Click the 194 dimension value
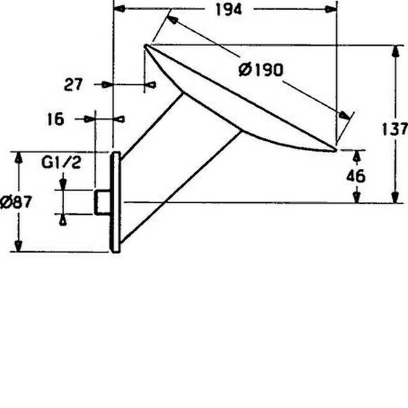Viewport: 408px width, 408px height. tap(229, 10)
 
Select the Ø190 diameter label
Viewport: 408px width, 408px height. tap(261, 69)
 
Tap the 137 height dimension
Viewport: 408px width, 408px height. tap(395, 129)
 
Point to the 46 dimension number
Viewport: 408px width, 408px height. tap(356, 176)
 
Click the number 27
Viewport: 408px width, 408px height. tap(73, 85)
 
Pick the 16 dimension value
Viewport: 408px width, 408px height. tap(55, 119)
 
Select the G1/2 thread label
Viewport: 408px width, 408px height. tap(61, 163)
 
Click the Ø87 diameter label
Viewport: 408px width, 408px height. tap(16, 202)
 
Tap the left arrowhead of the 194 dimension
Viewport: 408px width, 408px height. tap(119, 9)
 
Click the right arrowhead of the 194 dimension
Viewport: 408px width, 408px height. tap(331, 10)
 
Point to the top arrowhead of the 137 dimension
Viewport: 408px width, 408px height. tap(395, 51)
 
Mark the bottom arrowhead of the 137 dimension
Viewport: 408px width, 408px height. tap(395, 197)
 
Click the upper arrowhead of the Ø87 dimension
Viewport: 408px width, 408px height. tap(18, 157)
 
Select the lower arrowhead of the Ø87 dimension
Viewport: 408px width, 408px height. tap(18, 246)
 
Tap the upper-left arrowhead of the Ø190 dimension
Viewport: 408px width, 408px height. tap(172, 20)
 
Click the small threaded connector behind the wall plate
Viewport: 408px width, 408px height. tap(102, 203)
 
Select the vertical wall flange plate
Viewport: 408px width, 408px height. tap(115, 202)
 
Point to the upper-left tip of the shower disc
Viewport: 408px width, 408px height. tap(146, 47)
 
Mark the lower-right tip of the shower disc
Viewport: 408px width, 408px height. tap(335, 150)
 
